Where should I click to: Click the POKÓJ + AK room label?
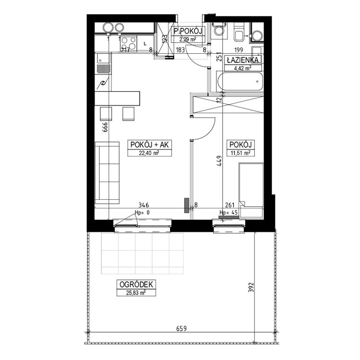(149, 144)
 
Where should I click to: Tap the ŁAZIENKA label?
(243, 60)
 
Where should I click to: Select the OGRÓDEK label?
(136, 285)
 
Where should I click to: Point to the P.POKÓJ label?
(188, 31)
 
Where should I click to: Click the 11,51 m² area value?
(240, 153)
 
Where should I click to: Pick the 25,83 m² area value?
(136, 292)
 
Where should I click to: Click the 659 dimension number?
(181, 329)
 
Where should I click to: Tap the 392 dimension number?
(252, 287)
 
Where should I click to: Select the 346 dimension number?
(144, 205)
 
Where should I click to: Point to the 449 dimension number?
(219, 161)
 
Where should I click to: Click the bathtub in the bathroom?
(240, 82)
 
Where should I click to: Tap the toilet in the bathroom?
(239, 32)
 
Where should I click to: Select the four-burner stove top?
(129, 43)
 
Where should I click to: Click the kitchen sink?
(103, 63)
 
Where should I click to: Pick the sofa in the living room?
(107, 173)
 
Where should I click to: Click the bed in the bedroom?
(251, 190)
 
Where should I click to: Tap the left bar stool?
(106, 114)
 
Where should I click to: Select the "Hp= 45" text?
(228, 213)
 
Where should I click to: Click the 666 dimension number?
(105, 127)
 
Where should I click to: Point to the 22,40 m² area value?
(149, 153)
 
